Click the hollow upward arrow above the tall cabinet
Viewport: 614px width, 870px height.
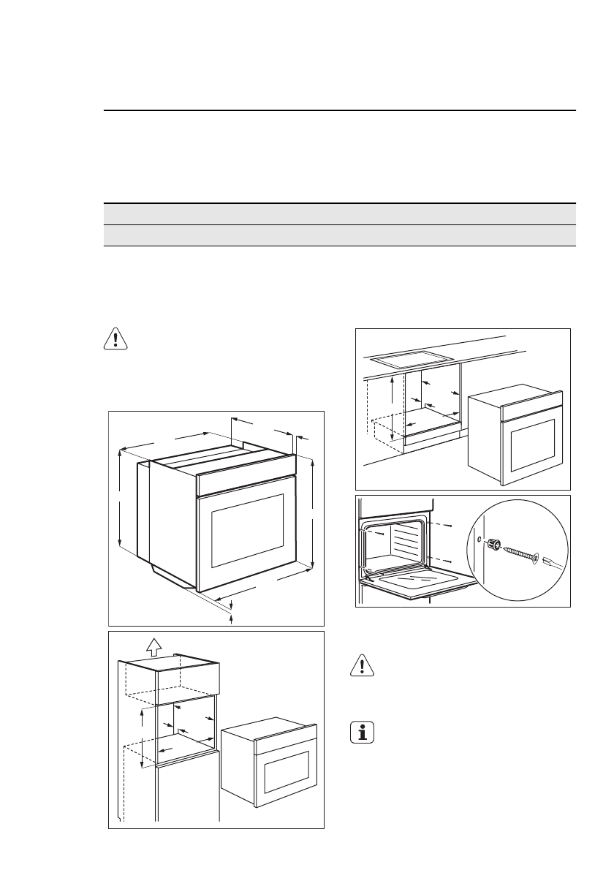coord(152,646)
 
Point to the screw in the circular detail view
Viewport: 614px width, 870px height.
coord(520,553)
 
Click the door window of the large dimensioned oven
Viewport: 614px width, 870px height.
coord(247,530)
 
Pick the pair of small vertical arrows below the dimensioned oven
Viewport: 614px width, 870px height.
coord(232,611)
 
